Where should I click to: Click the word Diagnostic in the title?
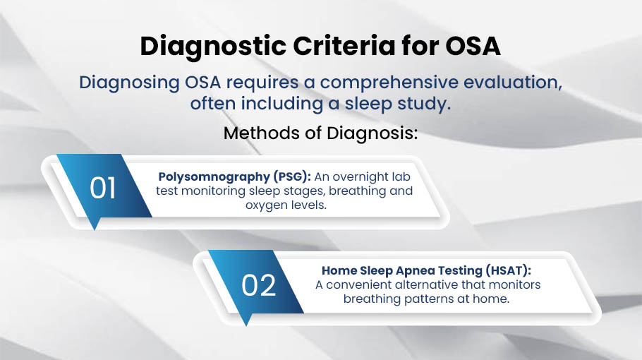click(x=213, y=47)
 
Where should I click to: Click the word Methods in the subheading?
click(x=262, y=133)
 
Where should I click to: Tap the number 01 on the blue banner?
click(x=102, y=188)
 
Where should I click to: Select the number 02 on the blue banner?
click(x=258, y=285)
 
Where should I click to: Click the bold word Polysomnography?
click(x=214, y=177)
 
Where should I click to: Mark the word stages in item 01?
click(x=304, y=191)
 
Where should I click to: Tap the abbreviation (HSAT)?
click(x=508, y=270)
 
